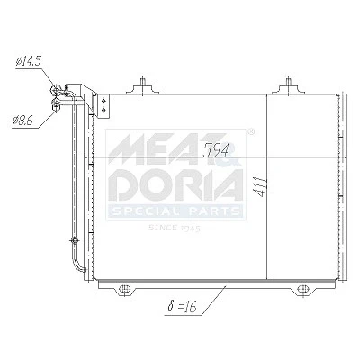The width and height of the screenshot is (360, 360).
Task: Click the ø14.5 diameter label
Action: tap(28, 61)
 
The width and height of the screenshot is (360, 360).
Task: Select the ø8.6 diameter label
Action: tap(22, 121)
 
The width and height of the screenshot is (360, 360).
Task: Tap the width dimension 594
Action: tap(216, 150)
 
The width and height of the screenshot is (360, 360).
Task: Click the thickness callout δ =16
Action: tap(182, 307)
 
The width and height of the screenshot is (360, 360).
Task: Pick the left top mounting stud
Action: tap(143, 85)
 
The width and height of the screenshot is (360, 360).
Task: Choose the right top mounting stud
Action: tap(288, 85)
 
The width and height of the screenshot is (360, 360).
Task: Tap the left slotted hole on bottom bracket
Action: tap(124, 289)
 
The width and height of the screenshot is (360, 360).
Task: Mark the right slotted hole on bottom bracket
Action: tap(302, 289)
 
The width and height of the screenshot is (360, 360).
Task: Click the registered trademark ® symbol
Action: tap(251, 131)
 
